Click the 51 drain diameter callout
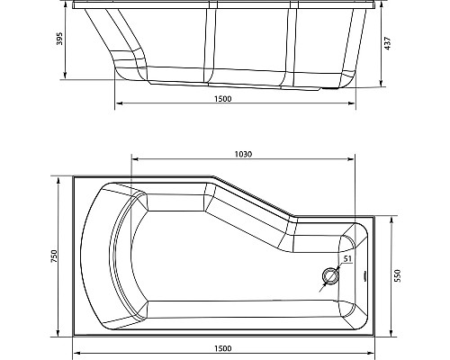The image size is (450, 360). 346,260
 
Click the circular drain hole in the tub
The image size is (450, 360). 330,276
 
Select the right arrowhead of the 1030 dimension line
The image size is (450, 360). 352,161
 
